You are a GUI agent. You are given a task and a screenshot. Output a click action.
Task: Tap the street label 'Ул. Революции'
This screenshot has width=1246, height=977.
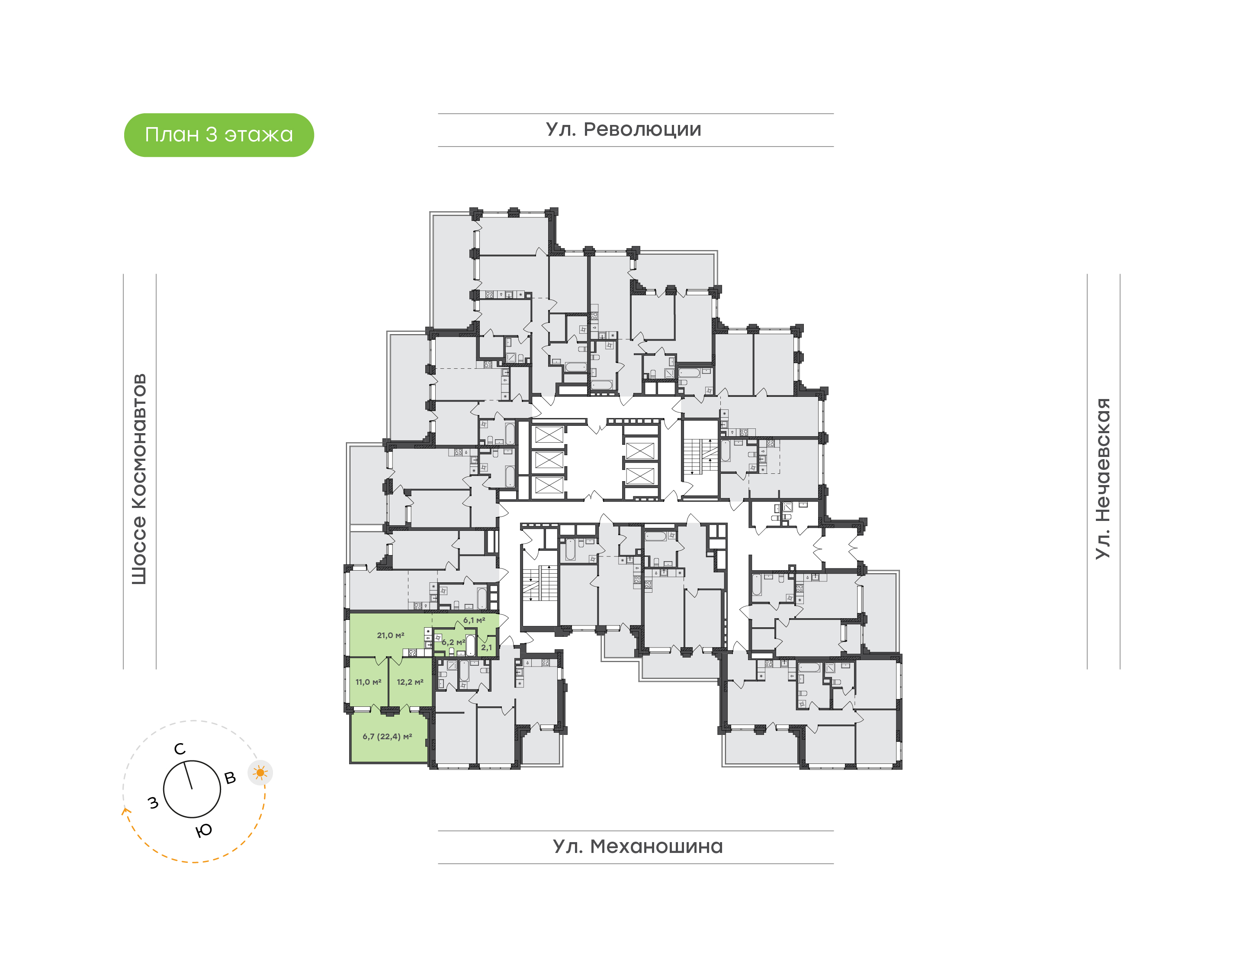(623, 130)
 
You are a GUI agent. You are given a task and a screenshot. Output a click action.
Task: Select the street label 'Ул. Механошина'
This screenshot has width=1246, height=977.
(638, 846)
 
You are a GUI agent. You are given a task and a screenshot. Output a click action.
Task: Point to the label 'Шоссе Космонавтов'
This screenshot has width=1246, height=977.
(139, 479)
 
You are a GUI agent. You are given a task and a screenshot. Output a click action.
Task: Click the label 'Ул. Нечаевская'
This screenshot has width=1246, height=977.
(1102, 478)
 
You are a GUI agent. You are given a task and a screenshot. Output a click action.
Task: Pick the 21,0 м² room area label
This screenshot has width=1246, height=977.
(390, 635)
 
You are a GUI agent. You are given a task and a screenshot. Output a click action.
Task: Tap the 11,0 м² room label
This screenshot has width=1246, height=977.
(368, 682)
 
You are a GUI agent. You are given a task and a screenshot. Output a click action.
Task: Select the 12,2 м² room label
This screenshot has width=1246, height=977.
(410, 682)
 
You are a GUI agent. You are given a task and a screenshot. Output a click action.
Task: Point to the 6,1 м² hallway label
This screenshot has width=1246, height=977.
(474, 620)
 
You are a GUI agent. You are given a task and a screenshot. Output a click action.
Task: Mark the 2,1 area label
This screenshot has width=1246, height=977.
(486, 648)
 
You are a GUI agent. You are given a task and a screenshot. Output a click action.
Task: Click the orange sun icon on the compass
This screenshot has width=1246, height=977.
(260, 773)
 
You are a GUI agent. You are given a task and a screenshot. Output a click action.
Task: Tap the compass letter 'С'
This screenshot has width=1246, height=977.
(180, 749)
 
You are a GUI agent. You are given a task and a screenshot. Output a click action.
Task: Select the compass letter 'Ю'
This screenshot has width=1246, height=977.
(204, 830)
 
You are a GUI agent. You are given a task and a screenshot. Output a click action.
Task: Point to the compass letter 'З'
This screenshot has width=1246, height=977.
(154, 803)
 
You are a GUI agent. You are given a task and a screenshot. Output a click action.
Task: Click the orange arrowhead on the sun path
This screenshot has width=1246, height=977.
(125, 811)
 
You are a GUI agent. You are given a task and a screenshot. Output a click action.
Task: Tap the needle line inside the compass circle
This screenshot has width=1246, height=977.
(188, 775)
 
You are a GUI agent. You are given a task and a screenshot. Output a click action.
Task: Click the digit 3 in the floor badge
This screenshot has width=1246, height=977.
(211, 134)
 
